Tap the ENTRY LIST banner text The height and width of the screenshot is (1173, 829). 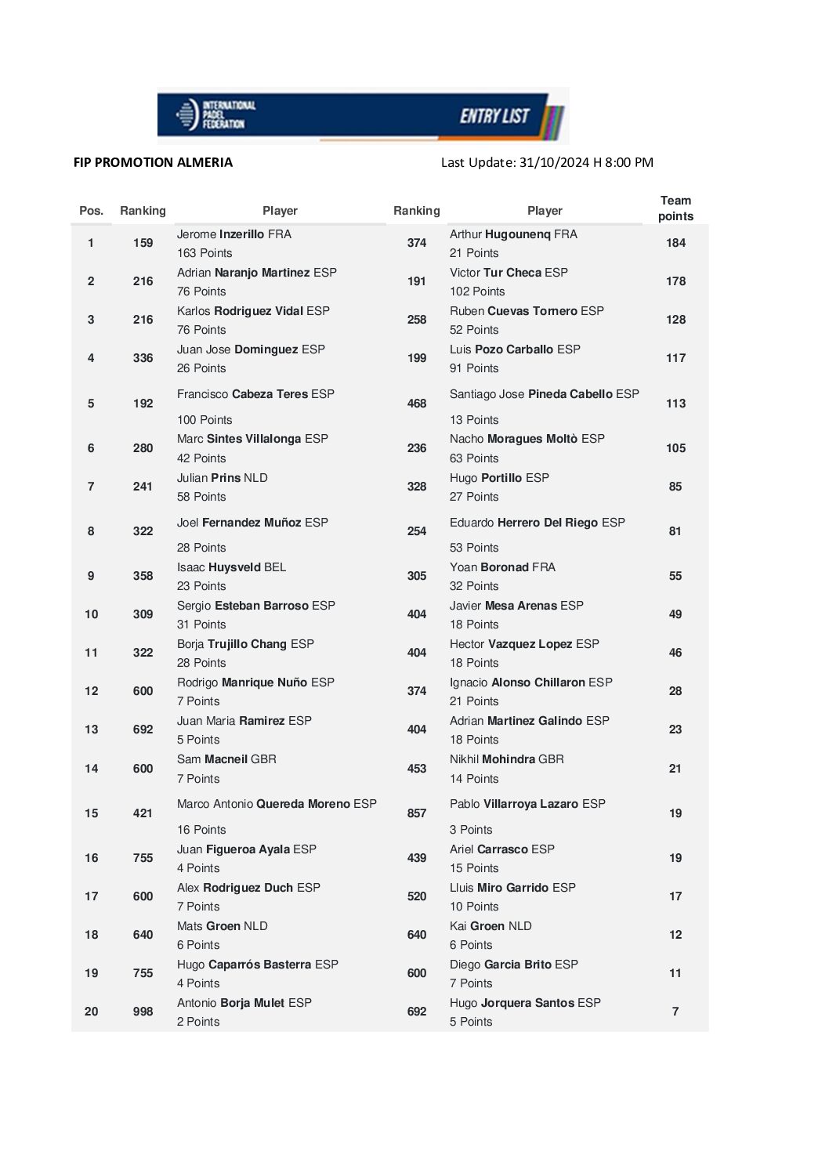click(494, 116)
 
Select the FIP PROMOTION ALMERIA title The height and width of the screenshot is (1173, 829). click(153, 162)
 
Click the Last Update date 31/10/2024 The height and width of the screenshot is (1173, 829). click(555, 162)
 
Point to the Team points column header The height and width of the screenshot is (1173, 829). click(675, 208)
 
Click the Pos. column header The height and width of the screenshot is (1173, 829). click(92, 211)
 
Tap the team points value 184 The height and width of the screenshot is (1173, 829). click(675, 243)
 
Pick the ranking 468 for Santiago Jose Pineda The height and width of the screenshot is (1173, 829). click(417, 404)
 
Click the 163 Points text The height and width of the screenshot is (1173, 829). click(205, 253)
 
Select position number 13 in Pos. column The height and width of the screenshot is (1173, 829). click(92, 730)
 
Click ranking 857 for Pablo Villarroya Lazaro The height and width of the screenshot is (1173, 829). click(417, 813)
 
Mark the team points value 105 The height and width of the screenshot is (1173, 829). click(675, 448)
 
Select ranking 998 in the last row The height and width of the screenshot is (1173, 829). click(143, 1012)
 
